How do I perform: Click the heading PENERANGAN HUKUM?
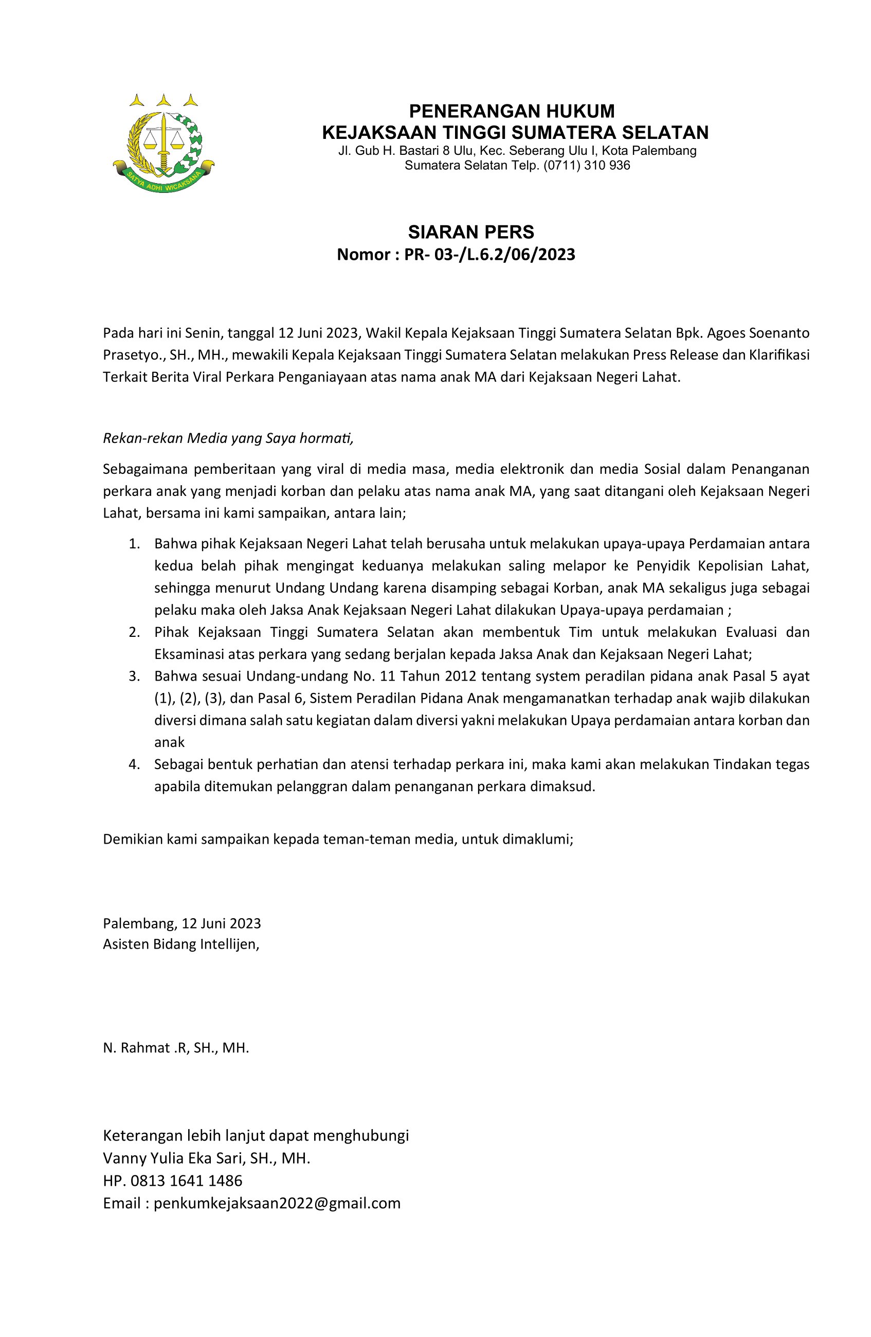tap(511, 111)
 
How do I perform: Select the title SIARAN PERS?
tap(470, 231)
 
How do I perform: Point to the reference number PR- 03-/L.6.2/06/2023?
tap(489, 255)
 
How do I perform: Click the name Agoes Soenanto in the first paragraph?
tap(757, 333)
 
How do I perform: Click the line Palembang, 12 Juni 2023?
tap(182, 923)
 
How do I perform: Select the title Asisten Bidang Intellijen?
tap(181, 944)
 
